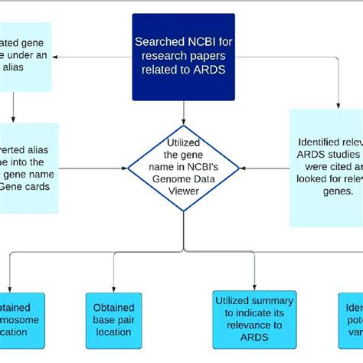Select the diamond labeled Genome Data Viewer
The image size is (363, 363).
tap(184, 166)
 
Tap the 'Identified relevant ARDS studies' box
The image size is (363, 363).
tap(325, 166)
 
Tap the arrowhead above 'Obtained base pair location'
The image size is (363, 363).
tap(113, 286)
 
